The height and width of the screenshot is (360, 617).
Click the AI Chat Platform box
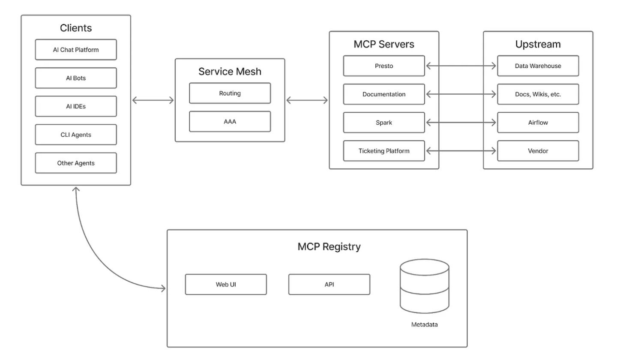[75, 50]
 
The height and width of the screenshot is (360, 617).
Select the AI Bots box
[75, 78]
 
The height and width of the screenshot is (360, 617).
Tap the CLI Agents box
[75, 135]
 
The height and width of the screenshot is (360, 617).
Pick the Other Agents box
[75, 163]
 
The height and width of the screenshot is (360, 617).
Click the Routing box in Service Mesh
[230, 93]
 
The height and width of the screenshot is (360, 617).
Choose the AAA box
[230, 121]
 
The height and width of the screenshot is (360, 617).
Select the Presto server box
[383, 66]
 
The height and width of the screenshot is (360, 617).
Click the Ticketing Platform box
[383, 151]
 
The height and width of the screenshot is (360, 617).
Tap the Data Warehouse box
[538, 66]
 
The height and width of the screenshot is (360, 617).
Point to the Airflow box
[538, 123]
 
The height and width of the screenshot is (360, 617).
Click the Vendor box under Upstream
[538, 151]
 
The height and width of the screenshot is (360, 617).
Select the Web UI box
[225, 285]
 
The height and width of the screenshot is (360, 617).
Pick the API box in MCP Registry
[329, 285]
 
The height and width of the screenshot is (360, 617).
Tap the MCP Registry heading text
[329, 247]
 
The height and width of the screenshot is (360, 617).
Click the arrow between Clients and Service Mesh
[153, 100]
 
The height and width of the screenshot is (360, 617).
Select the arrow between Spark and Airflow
[461, 123]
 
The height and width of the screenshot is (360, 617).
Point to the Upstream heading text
[538, 44]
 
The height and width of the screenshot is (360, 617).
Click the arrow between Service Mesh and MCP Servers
[307, 100]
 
